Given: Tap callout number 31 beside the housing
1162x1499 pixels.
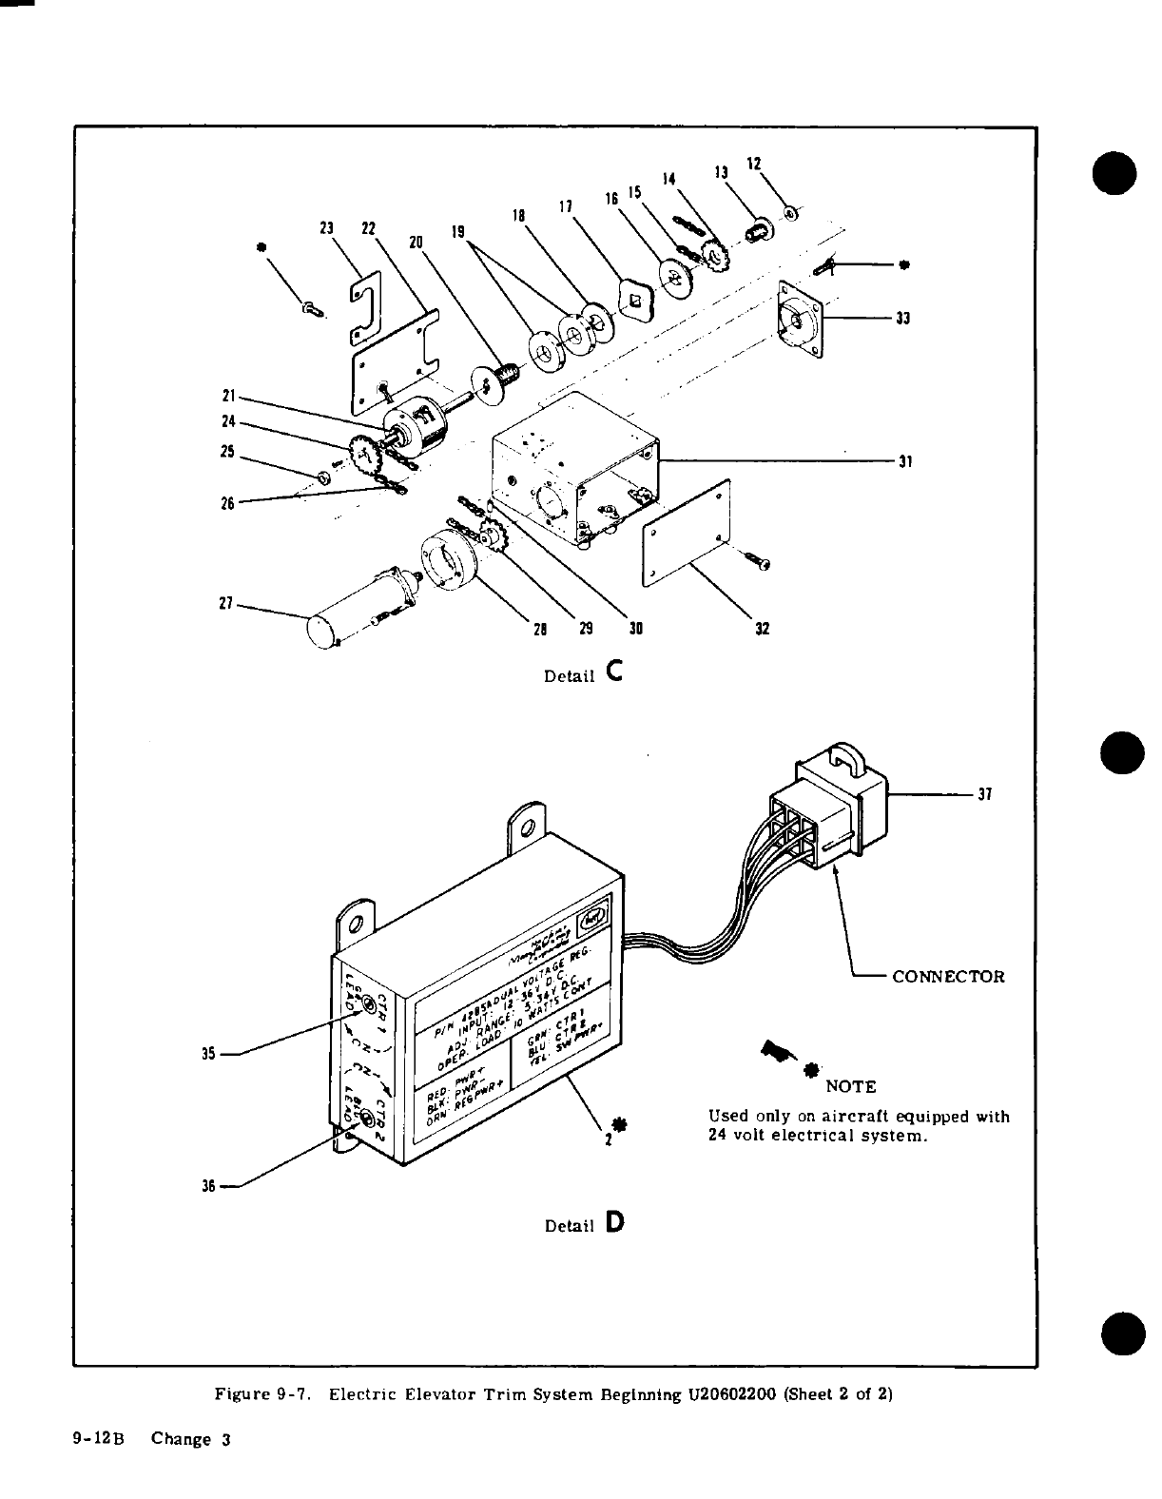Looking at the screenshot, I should tap(905, 462).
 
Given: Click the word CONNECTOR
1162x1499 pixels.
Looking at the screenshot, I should tap(948, 977).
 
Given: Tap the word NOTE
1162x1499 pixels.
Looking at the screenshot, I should tap(851, 1086).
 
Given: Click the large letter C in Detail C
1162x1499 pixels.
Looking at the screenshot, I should tap(613, 672).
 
